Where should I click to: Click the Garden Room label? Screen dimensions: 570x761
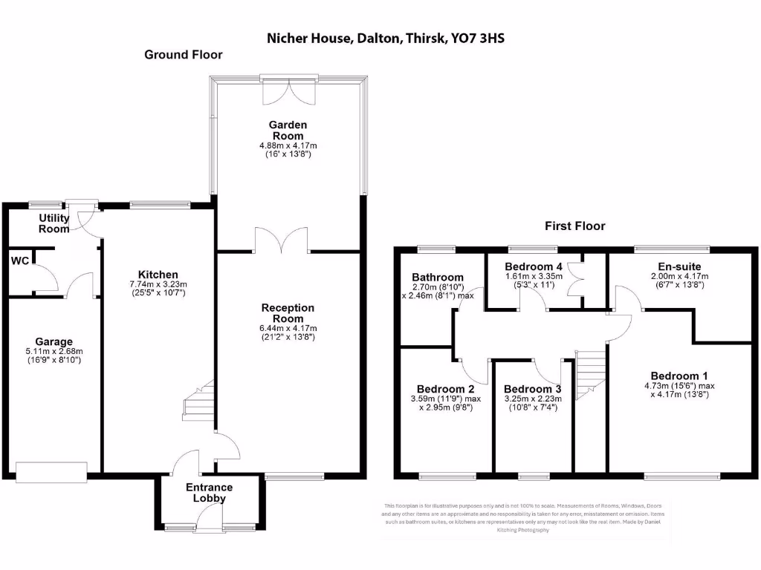pyautogui.click(x=288, y=131)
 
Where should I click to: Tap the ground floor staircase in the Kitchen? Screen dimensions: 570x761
pyautogui.click(x=199, y=402)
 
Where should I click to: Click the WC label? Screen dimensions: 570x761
pyautogui.click(x=20, y=261)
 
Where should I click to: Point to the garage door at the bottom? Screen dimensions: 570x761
pyautogui.click(x=56, y=471)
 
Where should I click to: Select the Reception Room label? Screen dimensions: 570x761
pyautogui.click(x=288, y=312)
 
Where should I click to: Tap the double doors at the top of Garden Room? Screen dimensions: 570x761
pyautogui.click(x=290, y=90)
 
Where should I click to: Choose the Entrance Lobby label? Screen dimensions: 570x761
pyautogui.click(x=209, y=493)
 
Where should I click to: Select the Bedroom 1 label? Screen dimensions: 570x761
pyautogui.click(x=680, y=376)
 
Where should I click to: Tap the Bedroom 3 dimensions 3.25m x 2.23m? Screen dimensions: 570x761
pyautogui.click(x=532, y=399)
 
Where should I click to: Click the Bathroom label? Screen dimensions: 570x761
pyautogui.click(x=438, y=278)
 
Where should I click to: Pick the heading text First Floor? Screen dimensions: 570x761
pyautogui.click(x=574, y=226)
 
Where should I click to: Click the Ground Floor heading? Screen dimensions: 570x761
pyautogui.click(x=183, y=54)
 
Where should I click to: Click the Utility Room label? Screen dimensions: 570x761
pyautogui.click(x=54, y=223)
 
